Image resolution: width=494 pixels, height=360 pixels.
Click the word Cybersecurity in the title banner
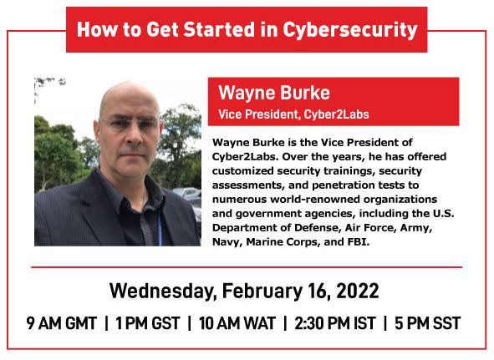[350, 30]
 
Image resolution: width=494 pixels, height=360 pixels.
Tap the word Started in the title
[219, 29]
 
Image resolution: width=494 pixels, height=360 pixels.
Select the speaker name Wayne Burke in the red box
[274, 94]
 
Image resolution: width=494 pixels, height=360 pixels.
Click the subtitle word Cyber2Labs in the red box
[336, 114]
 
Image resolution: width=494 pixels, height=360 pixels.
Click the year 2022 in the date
[358, 291]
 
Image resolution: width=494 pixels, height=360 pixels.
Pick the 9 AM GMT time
[61, 323]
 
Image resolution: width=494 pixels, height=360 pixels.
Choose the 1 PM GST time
[148, 323]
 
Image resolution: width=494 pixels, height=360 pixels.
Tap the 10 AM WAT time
[237, 323]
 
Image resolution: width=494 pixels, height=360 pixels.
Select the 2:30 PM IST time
[335, 323]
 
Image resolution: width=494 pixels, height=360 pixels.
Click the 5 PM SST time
[427, 323]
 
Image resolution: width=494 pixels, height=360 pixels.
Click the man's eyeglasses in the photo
[130, 124]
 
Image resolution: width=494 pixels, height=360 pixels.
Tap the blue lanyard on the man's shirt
[160, 231]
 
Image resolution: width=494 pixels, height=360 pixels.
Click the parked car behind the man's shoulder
[188, 192]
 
